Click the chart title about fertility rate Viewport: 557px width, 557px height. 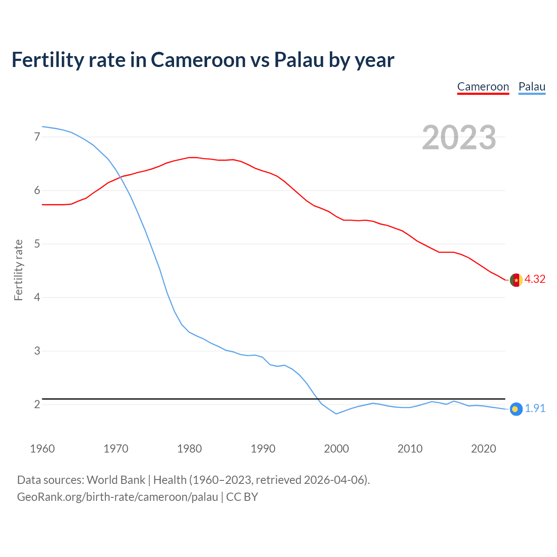[203, 60]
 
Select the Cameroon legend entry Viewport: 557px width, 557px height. [483, 87]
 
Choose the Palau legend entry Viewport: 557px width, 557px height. [532, 87]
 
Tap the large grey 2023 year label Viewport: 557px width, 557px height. [459, 138]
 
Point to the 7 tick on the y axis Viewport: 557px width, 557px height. [37, 137]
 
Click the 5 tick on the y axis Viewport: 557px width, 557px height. [37, 244]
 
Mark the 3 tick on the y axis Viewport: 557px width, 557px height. [37, 351]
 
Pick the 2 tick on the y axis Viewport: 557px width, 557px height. [37, 404]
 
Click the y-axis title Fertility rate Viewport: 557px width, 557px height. [18, 270]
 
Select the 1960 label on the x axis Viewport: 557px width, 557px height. [42, 449]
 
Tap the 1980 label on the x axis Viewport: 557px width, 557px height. [189, 449]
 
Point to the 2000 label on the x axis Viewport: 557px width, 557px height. [336, 449]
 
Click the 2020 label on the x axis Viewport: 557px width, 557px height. [483, 449]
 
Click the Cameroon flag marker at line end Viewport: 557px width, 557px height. [516, 280]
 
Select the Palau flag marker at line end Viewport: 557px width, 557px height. [516, 409]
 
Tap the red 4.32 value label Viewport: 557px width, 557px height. [535, 279]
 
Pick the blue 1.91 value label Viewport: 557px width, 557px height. [535, 409]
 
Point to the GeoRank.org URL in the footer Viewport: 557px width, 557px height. [117, 497]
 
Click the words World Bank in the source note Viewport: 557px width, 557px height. [116, 480]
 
